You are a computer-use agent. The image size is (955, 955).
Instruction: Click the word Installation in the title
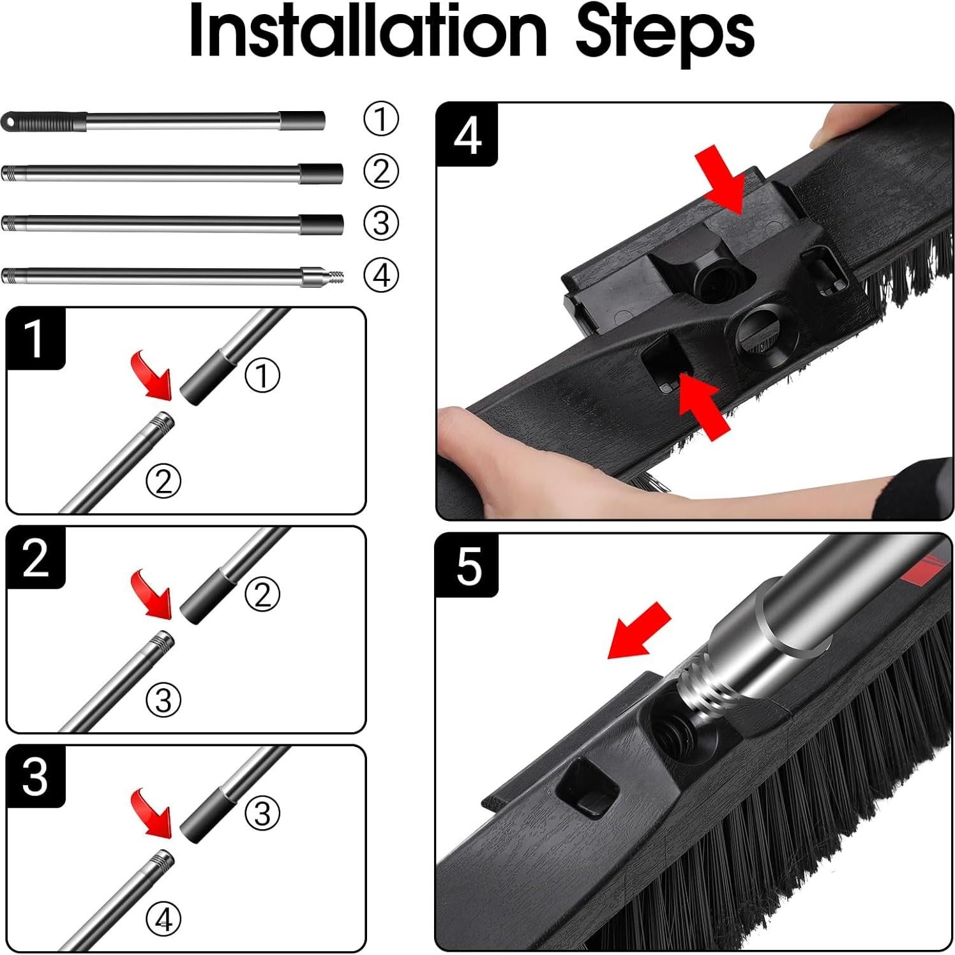coord(368,31)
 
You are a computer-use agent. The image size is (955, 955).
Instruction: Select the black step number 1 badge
coord(36,338)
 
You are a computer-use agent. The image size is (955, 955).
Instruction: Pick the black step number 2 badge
coord(36,557)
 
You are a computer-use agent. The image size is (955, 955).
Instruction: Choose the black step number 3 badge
coord(36,776)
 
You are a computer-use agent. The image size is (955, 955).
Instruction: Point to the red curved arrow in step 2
coord(153,594)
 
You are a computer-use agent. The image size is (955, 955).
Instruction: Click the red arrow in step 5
coord(639,630)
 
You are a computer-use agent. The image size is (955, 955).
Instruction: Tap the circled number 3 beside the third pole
coord(381,223)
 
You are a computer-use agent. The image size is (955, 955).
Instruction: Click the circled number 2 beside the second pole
coord(381,171)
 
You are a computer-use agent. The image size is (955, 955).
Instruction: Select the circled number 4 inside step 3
coord(164,919)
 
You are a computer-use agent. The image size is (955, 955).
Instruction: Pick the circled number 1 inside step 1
coord(262,375)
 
